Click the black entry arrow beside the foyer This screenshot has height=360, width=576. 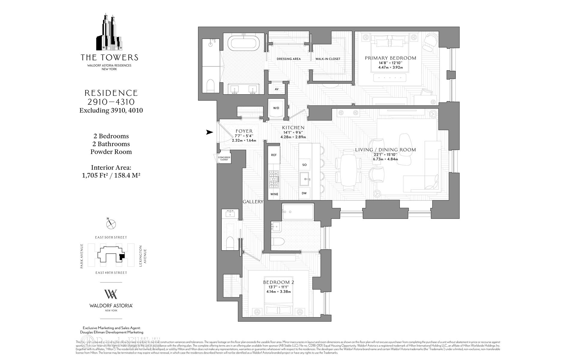(209, 132)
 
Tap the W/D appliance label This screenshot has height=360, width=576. (276, 108)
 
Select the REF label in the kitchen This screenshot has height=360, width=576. (274, 155)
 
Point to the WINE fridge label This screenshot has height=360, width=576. (274, 194)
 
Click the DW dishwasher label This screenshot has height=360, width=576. (304, 193)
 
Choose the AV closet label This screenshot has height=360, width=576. (277, 89)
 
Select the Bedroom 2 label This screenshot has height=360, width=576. (278, 282)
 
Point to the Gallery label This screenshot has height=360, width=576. (253, 202)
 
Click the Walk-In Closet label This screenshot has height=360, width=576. (328, 59)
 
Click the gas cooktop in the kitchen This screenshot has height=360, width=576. (274, 179)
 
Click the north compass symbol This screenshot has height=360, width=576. (111, 224)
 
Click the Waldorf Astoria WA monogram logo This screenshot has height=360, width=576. (111, 294)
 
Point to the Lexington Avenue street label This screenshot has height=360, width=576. (142, 255)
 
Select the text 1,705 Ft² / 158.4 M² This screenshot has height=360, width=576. (111, 175)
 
